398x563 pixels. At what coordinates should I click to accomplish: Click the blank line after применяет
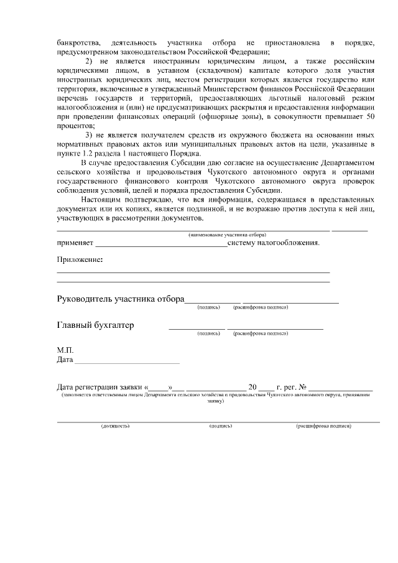pos(161,243)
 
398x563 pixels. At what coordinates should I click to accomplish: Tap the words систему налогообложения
pos(274,243)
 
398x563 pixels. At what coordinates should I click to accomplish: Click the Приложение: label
pos(80,259)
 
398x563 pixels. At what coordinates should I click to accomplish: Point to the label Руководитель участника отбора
pos(121,299)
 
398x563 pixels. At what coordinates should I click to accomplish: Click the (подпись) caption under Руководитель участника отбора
pos(208,307)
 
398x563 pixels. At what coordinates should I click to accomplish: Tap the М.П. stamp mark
pos(65,350)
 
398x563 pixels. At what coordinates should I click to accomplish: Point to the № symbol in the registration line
pos(302,386)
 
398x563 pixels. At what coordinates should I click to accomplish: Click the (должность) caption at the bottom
pos(115,426)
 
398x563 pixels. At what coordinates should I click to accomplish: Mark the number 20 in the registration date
pos(252,386)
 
